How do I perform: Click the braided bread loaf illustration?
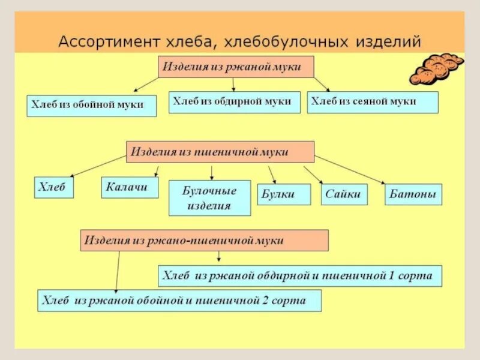point(436,68)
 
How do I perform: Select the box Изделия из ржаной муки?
point(236,67)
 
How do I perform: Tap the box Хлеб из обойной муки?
point(92,105)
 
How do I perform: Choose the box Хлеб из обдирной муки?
point(235,102)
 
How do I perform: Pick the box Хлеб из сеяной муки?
point(373,102)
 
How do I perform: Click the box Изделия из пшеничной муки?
point(220,152)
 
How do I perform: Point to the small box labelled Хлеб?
point(54,188)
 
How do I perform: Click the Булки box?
point(284,194)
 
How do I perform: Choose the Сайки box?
point(344,194)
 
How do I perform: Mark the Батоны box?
point(413,194)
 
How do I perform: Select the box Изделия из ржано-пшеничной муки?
point(205,240)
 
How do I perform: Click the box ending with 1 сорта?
point(300,276)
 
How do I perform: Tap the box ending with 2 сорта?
point(179,301)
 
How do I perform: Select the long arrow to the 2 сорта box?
point(118,270)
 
